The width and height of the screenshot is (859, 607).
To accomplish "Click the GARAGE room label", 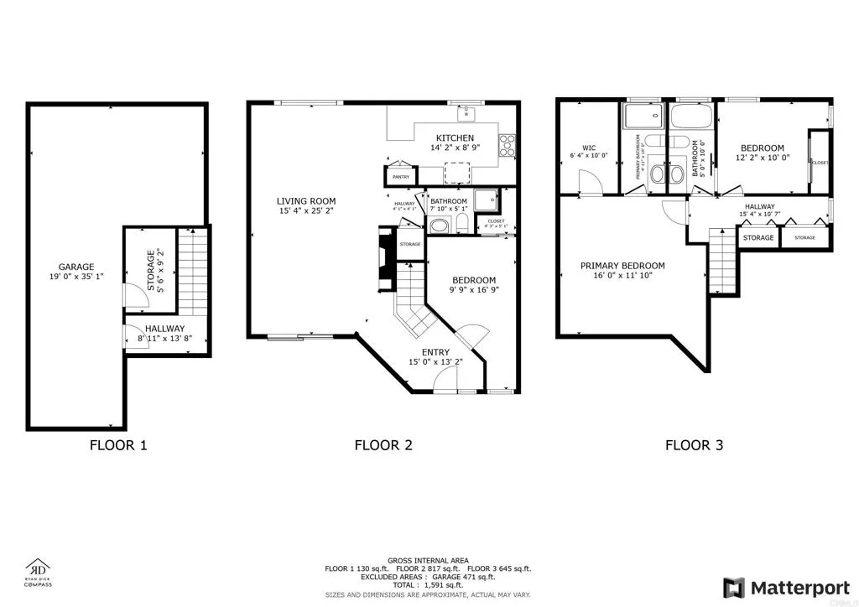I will pyautogui.click(x=76, y=267).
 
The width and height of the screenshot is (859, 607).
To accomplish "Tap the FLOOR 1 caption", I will pyautogui.click(x=118, y=445).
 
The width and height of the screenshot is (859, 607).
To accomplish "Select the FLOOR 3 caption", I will pyautogui.click(x=694, y=445).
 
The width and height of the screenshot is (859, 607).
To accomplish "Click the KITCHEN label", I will pyautogui.click(x=455, y=137).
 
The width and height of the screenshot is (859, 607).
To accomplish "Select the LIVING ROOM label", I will pyautogui.click(x=307, y=200).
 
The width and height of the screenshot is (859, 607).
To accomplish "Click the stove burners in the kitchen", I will pyautogui.click(x=508, y=146).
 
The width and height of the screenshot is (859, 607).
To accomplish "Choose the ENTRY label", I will pyautogui.click(x=435, y=352).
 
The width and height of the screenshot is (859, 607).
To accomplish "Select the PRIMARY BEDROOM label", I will pyautogui.click(x=622, y=266).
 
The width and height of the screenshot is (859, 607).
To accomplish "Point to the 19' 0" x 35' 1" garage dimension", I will pyautogui.click(x=76, y=277).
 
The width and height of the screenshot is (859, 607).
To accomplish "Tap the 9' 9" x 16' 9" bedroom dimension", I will pyautogui.click(x=474, y=290).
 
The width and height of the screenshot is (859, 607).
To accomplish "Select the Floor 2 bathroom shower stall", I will pyautogui.click(x=486, y=201).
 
